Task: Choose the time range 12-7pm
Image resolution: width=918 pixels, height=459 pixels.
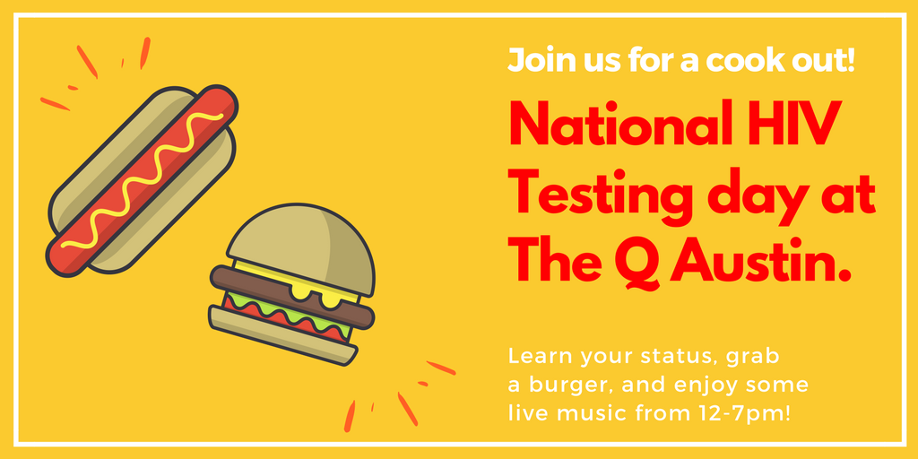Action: [x=740, y=414]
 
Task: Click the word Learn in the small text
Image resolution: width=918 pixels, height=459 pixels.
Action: [x=534, y=356]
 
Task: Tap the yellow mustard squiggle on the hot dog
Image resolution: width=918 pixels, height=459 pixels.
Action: [x=143, y=184]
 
